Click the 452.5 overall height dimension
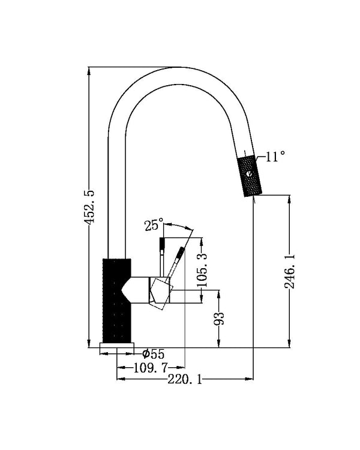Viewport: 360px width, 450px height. pyautogui.click(x=89, y=206)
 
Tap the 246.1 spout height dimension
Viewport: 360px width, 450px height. pyautogui.click(x=289, y=271)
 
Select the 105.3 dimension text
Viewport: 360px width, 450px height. pyautogui.click(x=202, y=271)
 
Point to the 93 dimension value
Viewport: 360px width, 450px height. pyautogui.click(x=219, y=318)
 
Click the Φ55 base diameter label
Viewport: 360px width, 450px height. pyautogui.click(x=154, y=354)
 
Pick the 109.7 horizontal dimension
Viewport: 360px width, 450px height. pyautogui.click(x=151, y=367)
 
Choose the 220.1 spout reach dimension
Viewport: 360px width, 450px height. pyautogui.click(x=185, y=380)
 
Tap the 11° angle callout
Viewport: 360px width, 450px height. pyautogui.click(x=275, y=157)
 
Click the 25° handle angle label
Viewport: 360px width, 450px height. pyautogui.click(x=154, y=224)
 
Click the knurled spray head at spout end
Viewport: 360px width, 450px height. pyautogui.click(x=250, y=176)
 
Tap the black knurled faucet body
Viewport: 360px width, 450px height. pyautogui.click(x=116, y=301)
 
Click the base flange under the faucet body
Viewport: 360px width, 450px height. pyautogui.click(x=116, y=348)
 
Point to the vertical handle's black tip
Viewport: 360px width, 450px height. pyautogui.click(x=162, y=244)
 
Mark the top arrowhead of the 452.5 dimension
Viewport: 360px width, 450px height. pyautogui.click(x=89, y=71)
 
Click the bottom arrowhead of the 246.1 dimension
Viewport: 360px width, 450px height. pyautogui.click(x=289, y=344)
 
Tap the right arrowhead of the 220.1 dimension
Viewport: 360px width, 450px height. pyautogui.click(x=249, y=379)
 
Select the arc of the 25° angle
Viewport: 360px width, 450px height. pyautogui.click(x=179, y=225)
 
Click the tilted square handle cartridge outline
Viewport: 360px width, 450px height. pyautogui.click(x=161, y=293)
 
